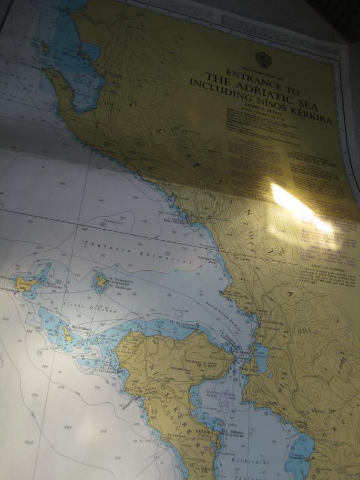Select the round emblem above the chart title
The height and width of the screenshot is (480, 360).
261,58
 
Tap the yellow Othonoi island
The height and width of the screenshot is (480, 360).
27,284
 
